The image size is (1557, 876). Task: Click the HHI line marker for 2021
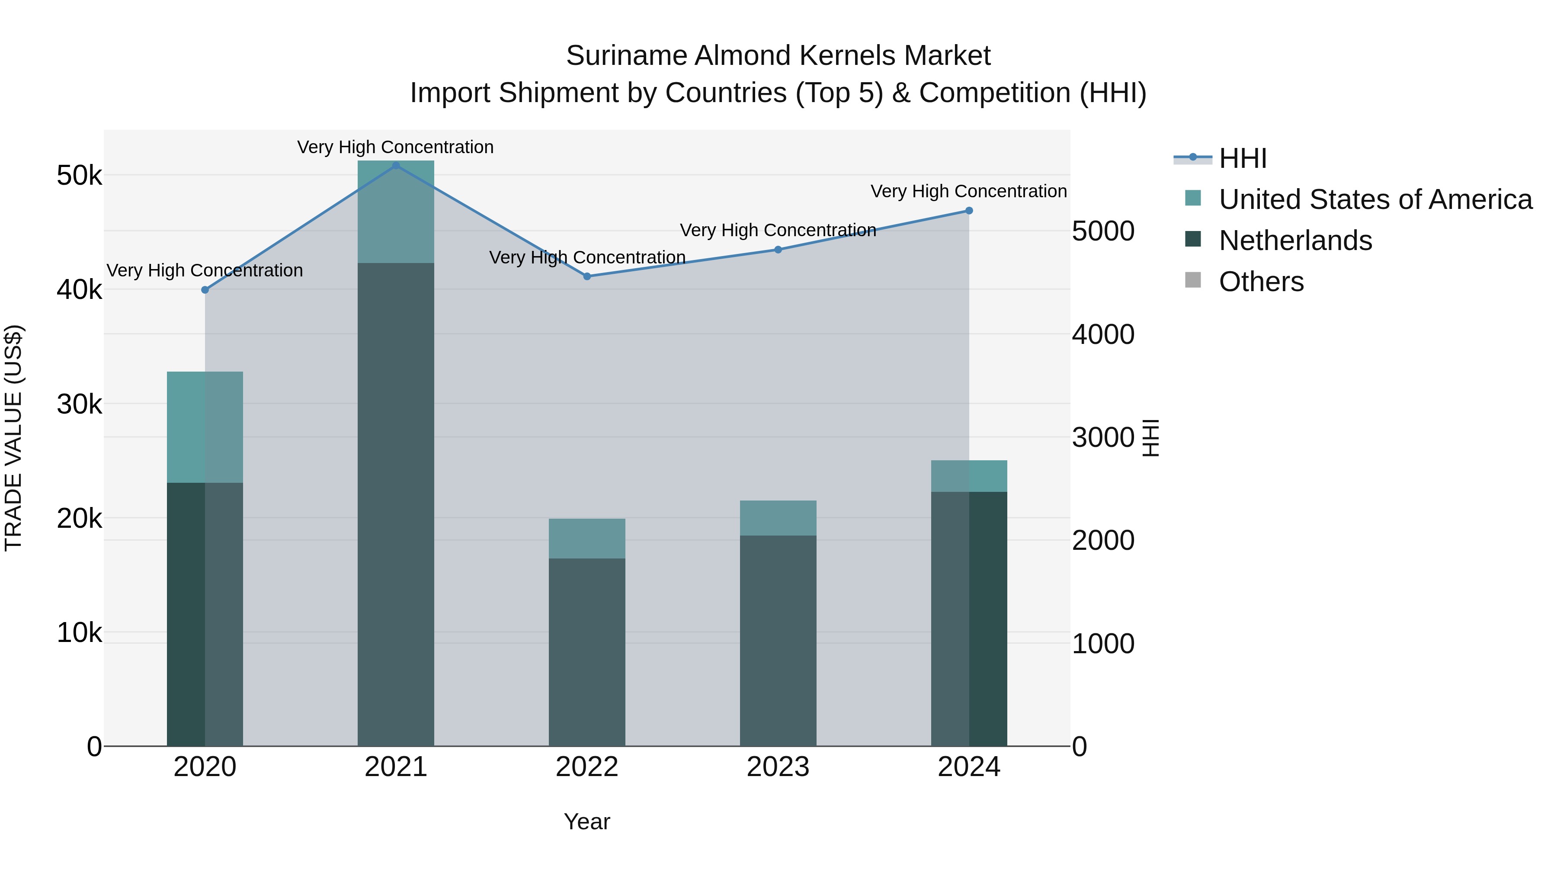pos(396,166)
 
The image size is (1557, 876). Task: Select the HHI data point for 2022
pos(587,276)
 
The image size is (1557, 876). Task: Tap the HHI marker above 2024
pos(969,210)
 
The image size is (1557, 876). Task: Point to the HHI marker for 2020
pos(205,289)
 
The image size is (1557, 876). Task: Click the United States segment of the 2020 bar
pos(205,427)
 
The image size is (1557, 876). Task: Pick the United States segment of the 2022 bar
pos(587,538)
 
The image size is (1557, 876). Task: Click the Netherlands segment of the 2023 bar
pos(778,640)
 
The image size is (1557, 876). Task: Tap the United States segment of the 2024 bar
pos(969,476)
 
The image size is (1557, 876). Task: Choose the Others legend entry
pos(1261,282)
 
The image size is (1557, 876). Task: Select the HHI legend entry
pos(1242,158)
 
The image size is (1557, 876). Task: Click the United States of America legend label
pos(1375,199)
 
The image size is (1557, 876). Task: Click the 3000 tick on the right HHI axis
pos(1103,438)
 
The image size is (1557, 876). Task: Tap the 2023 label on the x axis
pos(778,767)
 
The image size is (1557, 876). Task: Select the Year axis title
pos(587,821)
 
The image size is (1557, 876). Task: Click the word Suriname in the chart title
pos(626,56)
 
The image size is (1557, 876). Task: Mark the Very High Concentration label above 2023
pos(778,230)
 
